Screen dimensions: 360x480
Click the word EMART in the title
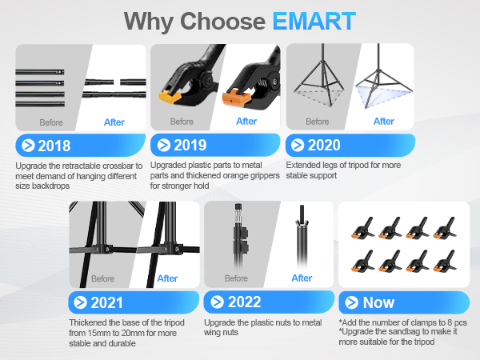pos(314,21)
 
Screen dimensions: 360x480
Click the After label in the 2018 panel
pos(114,122)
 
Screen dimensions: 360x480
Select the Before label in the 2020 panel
pos(317,122)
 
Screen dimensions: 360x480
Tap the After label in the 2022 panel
pos(302,278)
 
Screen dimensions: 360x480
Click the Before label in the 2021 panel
pos(102,279)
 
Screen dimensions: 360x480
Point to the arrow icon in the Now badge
pos(351,302)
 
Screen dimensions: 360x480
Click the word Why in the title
pos(153,21)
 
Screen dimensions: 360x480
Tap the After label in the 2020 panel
pos(384,122)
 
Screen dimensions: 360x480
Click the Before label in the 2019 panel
pos(181,122)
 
